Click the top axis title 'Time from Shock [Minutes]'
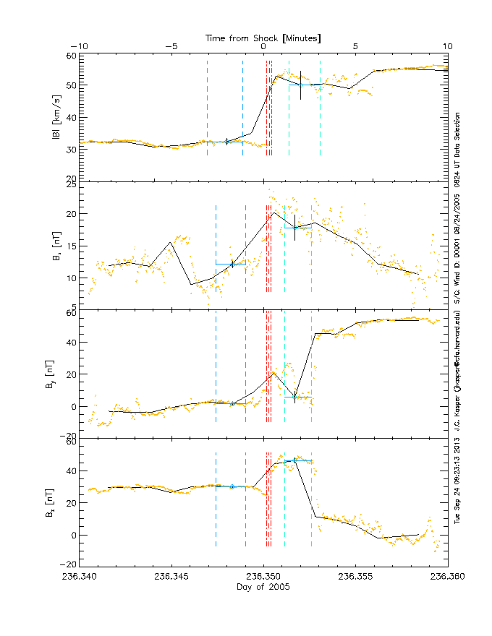(263, 37)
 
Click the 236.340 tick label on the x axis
(80, 577)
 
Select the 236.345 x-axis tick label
(172, 577)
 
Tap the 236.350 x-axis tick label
(263, 577)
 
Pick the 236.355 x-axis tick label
(355, 577)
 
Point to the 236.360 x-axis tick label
(447, 577)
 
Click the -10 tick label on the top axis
(80, 46)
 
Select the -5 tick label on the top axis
(171, 46)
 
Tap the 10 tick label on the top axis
(447, 46)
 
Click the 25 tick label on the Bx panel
(72, 186)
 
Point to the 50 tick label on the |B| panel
(72, 85)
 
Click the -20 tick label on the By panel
(70, 437)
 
